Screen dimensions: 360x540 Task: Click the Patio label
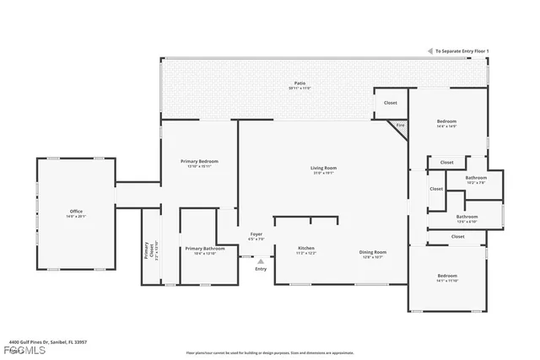point(299,83)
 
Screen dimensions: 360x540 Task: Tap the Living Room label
point(323,168)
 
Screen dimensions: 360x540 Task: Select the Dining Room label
point(373,252)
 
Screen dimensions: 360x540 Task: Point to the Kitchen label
point(306,249)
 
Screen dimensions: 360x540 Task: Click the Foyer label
point(256,235)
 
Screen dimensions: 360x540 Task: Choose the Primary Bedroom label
point(199,161)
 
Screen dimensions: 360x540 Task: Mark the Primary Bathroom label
point(205,249)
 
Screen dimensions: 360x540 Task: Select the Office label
point(77,211)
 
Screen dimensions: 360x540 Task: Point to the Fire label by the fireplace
point(400,125)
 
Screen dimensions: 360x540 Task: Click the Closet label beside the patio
point(390,103)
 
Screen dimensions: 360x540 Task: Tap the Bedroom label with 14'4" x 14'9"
point(446,121)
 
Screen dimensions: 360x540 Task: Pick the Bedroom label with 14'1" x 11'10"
point(446,276)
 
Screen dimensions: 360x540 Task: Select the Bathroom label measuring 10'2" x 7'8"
point(476,178)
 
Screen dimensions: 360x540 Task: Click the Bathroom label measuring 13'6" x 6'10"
point(467,217)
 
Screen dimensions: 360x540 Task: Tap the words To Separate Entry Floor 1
point(460,51)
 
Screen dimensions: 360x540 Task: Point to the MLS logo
point(13,349)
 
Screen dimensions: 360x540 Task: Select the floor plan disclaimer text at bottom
point(269,352)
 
